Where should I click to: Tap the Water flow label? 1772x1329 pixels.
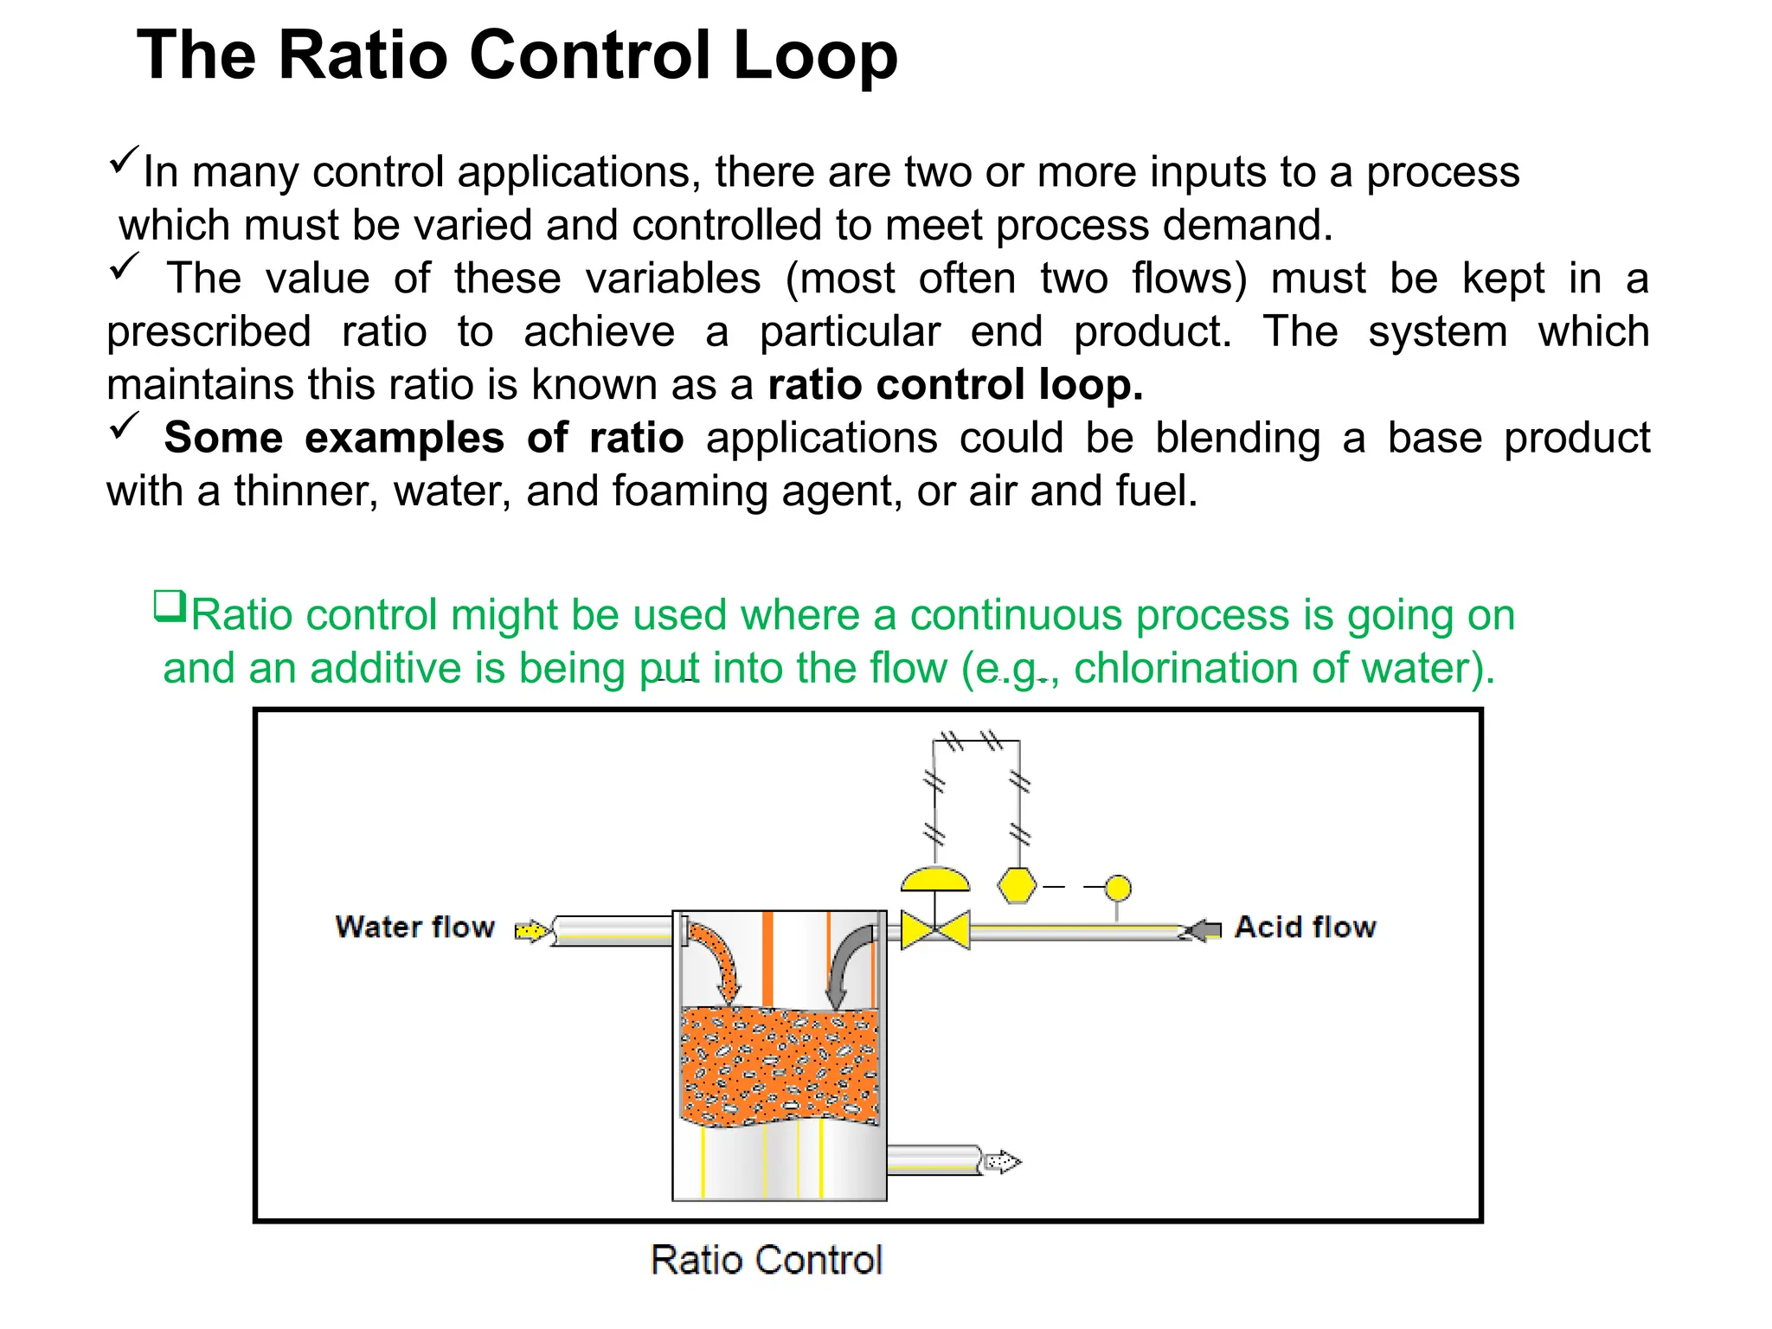coord(414,928)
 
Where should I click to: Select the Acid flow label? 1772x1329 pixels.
coord(1305,928)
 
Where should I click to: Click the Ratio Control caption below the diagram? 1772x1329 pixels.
coord(766,1260)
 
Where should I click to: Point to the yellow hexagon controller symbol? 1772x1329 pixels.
coord(1017,886)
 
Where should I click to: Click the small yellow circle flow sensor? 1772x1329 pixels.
coord(1118,889)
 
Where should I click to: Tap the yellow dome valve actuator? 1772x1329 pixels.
coord(935,880)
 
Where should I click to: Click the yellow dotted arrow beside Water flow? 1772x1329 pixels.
coord(532,931)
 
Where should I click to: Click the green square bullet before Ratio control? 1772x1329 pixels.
coord(170,606)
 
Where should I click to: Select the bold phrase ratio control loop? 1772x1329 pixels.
coord(955,385)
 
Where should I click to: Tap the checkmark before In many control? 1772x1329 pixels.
coord(125,160)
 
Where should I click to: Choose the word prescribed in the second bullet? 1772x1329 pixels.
coord(209,332)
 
